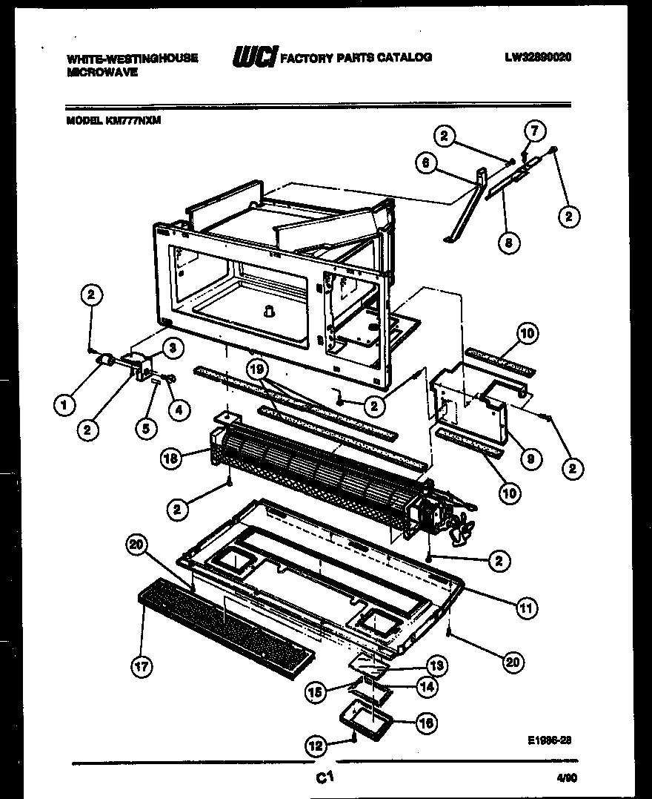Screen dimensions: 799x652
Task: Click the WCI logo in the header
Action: click(253, 57)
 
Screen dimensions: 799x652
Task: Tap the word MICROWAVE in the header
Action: click(102, 73)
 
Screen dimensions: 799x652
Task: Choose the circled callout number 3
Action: click(170, 347)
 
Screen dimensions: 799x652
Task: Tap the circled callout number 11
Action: click(525, 608)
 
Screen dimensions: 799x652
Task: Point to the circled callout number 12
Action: click(316, 744)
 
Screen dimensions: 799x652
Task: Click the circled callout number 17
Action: click(141, 667)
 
